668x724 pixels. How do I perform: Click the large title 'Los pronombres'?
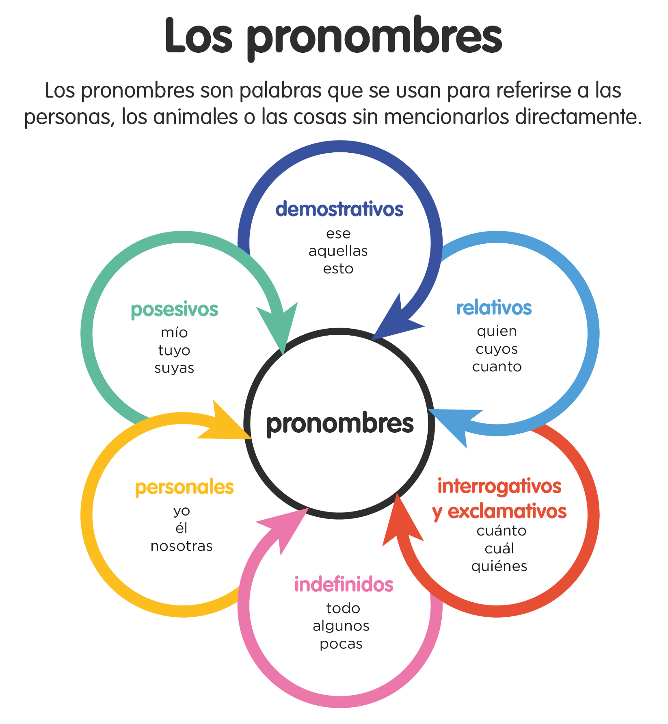[x=333, y=37]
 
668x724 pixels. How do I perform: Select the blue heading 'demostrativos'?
[x=339, y=209]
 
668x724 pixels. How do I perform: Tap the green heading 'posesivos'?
[x=174, y=310]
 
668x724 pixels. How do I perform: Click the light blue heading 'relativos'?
[x=494, y=308]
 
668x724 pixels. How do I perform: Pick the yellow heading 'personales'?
[x=184, y=488]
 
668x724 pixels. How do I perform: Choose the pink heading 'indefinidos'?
[x=344, y=584]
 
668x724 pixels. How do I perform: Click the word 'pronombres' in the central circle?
[x=340, y=424]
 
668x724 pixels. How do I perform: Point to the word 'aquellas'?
[x=338, y=251]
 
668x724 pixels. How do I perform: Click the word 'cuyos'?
[x=497, y=349]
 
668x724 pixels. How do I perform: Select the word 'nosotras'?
[x=182, y=546]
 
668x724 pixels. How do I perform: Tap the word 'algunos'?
[x=341, y=626]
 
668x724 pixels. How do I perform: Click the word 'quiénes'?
[x=499, y=566]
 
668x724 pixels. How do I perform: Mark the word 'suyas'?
[x=174, y=368]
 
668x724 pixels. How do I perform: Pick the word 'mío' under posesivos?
[x=174, y=332]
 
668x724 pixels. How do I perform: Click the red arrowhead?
[x=400, y=522]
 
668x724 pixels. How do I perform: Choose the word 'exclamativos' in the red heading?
[x=507, y=511]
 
